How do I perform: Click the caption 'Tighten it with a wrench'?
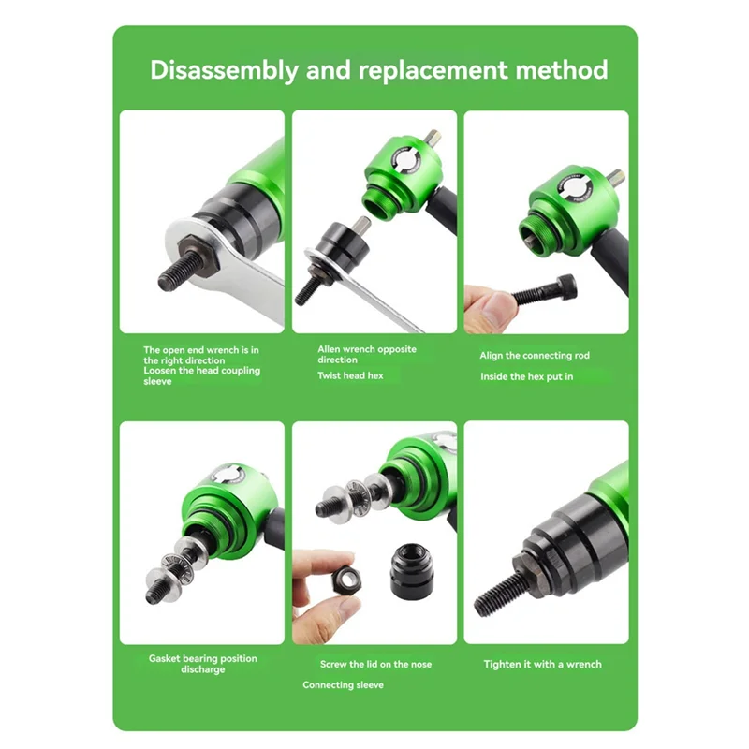542,664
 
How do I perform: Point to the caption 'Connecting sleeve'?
343,685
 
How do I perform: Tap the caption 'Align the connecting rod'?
535,356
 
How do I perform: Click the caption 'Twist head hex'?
350,375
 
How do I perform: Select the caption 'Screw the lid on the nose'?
376,664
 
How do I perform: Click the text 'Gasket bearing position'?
202,658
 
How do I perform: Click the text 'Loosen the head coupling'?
202,371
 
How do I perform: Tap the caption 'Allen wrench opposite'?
367,349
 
